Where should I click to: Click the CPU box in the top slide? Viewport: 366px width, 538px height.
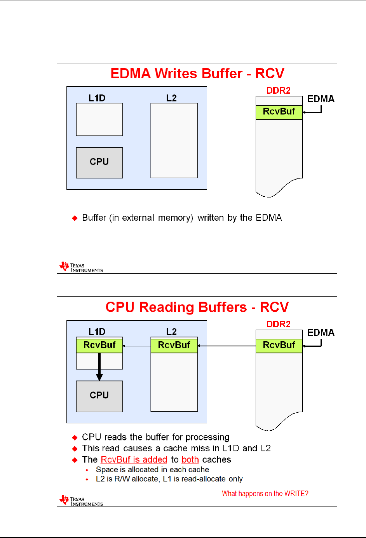(99, 162)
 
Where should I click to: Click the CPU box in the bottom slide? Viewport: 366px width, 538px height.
(99, 396)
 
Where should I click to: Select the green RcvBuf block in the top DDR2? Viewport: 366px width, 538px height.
(279, 112)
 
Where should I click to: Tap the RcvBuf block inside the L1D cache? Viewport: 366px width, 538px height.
(99, 345)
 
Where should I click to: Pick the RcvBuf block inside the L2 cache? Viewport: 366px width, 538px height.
(174, 345)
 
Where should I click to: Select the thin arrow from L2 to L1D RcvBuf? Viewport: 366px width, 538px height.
(137, 346)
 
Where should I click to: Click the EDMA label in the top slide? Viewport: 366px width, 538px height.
(321, 99)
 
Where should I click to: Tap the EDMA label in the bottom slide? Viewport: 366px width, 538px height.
(321, 333)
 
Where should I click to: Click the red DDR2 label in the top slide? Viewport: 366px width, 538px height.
(279, 91)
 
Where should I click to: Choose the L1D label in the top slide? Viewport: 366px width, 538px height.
(97, 98)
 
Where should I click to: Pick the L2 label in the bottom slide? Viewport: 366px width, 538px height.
(171, 332)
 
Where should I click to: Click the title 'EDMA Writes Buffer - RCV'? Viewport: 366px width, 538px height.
(197, 73)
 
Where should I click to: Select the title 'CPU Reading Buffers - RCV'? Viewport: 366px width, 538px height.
(197, 307)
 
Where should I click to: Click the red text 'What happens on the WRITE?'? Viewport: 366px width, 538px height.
(265, 493)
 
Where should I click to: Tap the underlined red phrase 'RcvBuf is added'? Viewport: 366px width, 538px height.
(134, 459)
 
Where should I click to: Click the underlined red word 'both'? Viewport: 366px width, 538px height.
(190, 459)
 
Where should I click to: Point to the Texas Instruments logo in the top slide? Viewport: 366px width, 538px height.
(81, 267)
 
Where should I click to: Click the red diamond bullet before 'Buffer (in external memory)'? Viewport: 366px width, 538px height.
(75, 218)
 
